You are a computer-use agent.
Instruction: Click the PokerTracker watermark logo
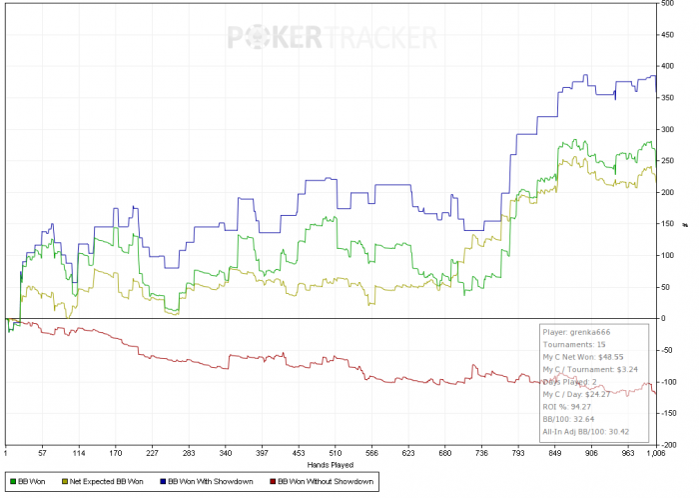(332, 37)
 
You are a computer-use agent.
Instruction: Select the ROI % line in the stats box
(564, 407)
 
